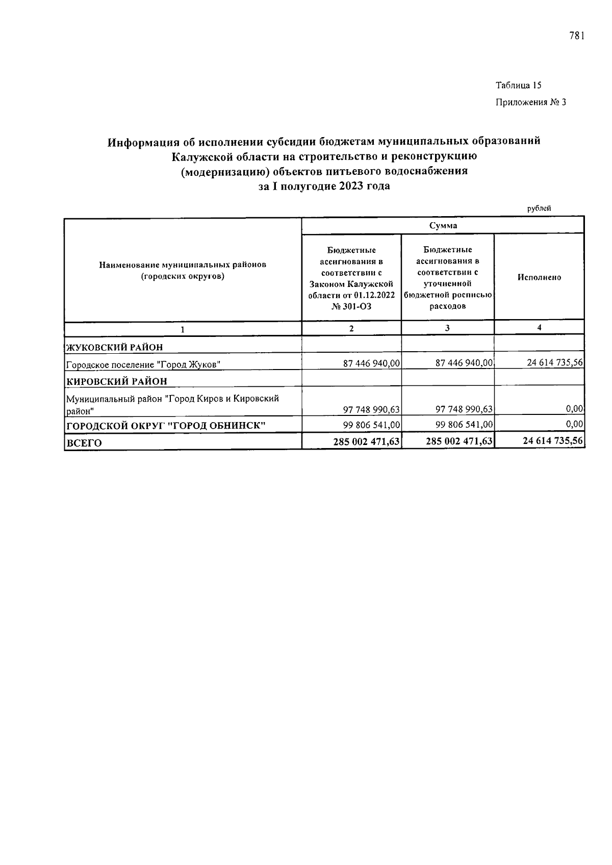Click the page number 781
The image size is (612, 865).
coord(576,36)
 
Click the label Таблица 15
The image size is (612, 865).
coord(518,85)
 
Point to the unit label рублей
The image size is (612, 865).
coord(539,208)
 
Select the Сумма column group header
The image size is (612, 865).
coord(443,225)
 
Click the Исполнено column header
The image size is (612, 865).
coord(539,277)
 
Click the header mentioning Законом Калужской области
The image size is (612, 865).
coord(351,278)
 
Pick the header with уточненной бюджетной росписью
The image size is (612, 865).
coord(447,278)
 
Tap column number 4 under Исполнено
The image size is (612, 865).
coord(539,328)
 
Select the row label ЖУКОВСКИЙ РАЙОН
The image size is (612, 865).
coord(115,347)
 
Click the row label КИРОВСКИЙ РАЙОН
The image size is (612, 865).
coord(117,381)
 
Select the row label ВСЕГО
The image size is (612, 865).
coord(84,443)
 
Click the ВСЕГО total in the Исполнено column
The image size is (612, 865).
coord(553,441)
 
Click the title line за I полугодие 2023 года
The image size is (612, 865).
coord(324,186)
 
